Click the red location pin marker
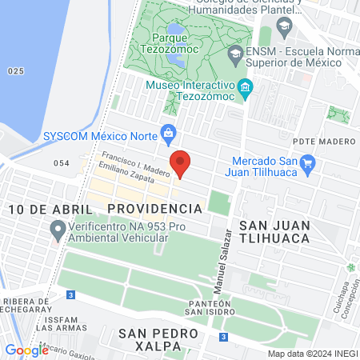point(181,162)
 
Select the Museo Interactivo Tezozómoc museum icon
point(246,86)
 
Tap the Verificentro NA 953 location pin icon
point(57,232)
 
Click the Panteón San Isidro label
point(208,306)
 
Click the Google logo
point(26,350)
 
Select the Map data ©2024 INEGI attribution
point(311,354)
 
